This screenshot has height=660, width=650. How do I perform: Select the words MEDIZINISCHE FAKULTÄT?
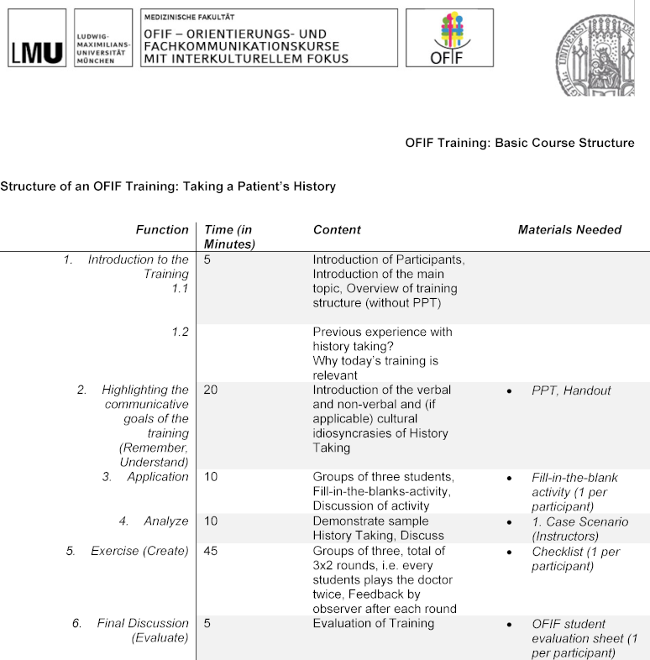[x=188, y=16]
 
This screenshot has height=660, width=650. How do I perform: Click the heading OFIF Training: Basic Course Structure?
[x=519, y=143]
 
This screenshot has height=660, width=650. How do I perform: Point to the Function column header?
[x=162, y=230]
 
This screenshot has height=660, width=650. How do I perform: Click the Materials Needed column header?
[x=569, y=230]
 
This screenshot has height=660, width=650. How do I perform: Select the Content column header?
[x=337, y=230]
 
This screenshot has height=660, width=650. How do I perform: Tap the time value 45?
[x=211, y=551]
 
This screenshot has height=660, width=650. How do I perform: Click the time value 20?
[x=211, y=390]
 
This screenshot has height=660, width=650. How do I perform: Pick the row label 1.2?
[x=180, y=332]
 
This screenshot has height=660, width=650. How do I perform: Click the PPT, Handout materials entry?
[x=571, y=390]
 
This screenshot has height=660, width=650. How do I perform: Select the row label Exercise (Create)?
[x=139, y=551]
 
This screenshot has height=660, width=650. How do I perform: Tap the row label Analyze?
[x=166, y=521]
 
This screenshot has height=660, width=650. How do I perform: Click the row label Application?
[x=158, y=477]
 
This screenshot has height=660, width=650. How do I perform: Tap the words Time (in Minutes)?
[x=228, y=237]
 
